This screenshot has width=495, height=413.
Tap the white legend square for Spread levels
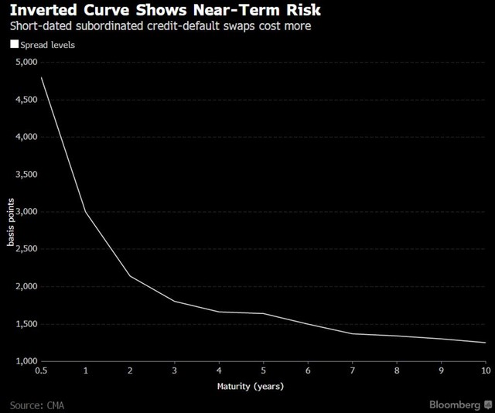tap(13, 46)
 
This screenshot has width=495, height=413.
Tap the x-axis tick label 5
tap(265, 372)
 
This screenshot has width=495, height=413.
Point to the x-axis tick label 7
tap(353, 372)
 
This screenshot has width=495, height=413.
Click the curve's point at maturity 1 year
tap(85, 212)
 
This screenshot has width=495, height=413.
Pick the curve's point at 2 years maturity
tap(130, 276)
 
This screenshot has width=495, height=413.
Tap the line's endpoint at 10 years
tap(486, 343)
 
